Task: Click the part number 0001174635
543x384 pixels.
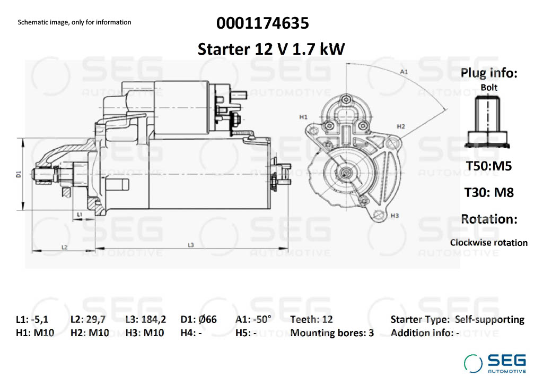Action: [262, 23]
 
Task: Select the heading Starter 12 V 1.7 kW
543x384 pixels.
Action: [271, 49]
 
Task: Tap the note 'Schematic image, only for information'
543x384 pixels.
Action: [74, 22]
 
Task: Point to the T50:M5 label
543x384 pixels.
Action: [488, 166]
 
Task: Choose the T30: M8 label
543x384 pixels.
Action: [488, 192]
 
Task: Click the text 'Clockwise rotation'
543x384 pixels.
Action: [488, 243]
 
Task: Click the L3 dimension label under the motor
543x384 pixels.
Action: [191, 245]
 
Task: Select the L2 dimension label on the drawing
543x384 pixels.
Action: [64, 247]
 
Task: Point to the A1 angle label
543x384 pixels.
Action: [404, 72]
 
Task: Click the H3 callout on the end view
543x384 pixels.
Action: [395, 216]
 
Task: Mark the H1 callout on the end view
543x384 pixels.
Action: [303, 117]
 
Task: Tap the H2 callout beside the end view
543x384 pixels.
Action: [401, 126]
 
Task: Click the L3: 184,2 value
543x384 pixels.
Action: [146, 320]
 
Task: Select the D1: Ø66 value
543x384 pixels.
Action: [198, 319]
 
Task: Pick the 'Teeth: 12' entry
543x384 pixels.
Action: [311, 319]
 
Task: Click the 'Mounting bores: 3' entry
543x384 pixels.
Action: [332, 333]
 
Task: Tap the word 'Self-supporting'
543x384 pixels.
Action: [489, 320]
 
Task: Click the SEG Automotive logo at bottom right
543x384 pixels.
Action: [495, 363]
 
